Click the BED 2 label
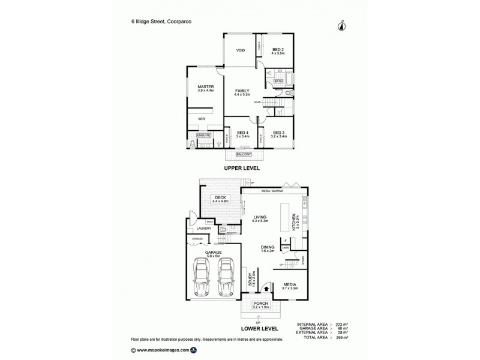pyautogui.click(x=278, y=50)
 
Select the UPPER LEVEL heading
pyautogui.click(x=242, y=169)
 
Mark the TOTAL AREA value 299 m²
pyautogui.click(x=342, y=338)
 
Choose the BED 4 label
pyautogui.click(x=242, y=133)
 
